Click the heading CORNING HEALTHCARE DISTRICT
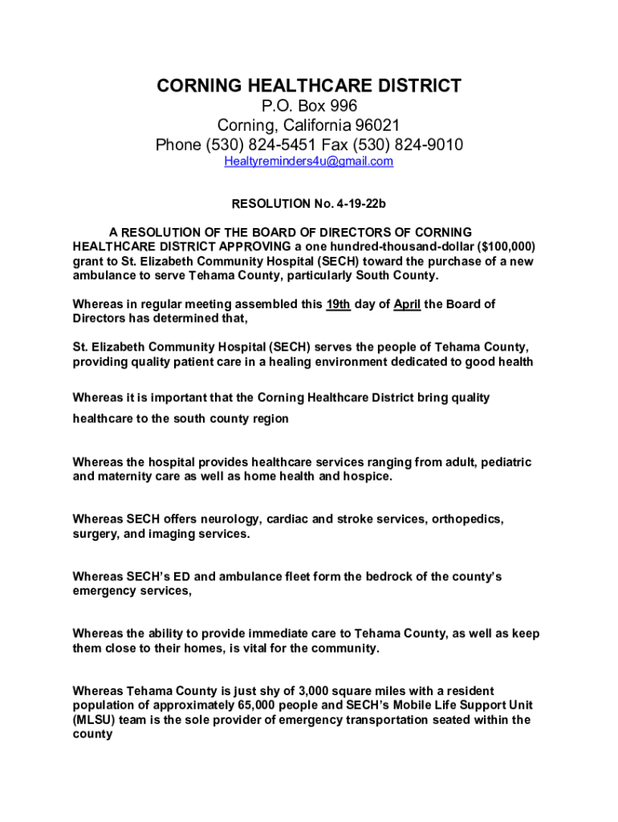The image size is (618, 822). pyautogui.click(x=308, y=86)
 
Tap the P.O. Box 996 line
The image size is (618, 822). pyautogui.click(x=309, y=107)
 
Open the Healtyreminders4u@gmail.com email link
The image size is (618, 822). pyautogui.click(x=308, y=161)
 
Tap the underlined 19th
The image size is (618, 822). pyautogui.click(x=336, y=304)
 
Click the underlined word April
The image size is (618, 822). pyautogui.click(x=408, y=304)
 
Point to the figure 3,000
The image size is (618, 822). pyautogui.click(x=315, y=691)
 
